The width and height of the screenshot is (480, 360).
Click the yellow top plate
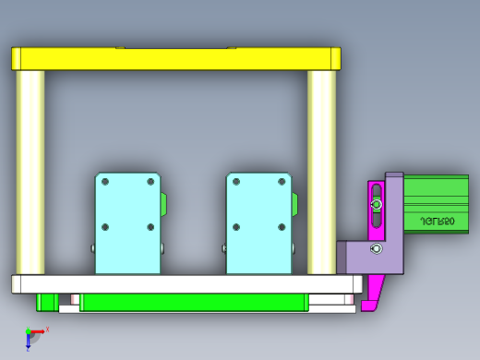(x=175, y=59)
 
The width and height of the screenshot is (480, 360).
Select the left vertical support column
(x=30, y=172)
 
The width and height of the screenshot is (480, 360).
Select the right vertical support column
(x=321, y=172)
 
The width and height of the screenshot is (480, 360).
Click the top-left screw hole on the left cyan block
(x=105, y=181)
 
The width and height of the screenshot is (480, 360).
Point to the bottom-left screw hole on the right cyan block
(x=237, y=226)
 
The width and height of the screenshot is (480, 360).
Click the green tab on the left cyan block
(x=165, y=203)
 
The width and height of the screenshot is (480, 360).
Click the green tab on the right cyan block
(x=296, y=203)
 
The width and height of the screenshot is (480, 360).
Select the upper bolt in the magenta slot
(x=376, y=204)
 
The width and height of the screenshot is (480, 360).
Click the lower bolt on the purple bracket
(x=375, y=248)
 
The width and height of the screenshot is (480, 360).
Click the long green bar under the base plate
(x=194, y=302)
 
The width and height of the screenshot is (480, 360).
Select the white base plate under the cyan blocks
(x=185, y=283)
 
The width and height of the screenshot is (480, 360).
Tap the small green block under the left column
(x=44, y=301)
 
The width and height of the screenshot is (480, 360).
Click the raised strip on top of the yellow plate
(x=175, y=46)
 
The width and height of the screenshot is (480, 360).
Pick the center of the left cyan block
(x=128, y=222)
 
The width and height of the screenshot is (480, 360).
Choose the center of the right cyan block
(x=259, y=222)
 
